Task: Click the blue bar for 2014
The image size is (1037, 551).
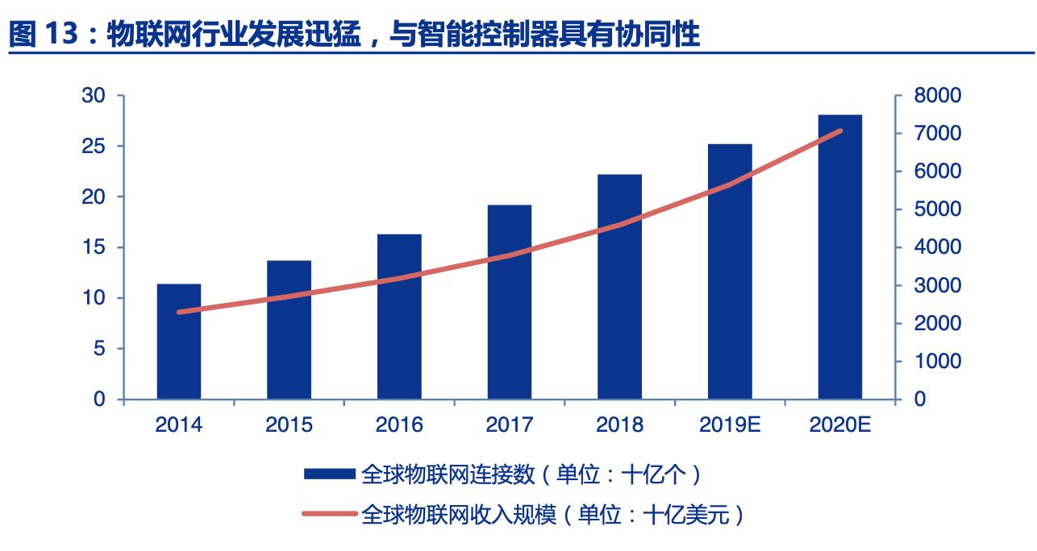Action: tap(179, 342)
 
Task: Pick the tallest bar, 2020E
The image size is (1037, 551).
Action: tap(839, 257)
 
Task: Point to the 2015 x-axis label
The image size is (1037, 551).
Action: tap(289, 425)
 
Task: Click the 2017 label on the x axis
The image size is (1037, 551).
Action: tap(509, 425)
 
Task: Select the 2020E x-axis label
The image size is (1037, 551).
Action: tap(839, 425)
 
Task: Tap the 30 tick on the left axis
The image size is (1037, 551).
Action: tap(94, 96)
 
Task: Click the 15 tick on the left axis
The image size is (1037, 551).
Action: tap(94, 247)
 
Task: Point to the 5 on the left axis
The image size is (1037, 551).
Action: tap(100, 349)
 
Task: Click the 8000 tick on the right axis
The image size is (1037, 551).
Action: tap(938, 96)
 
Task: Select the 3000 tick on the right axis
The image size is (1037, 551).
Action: tap(938, 286)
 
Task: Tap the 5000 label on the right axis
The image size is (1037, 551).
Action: tap(938, 209)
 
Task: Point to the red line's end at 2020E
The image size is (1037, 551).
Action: tap(840, 130)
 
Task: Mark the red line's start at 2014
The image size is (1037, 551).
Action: tap(179, 312)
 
